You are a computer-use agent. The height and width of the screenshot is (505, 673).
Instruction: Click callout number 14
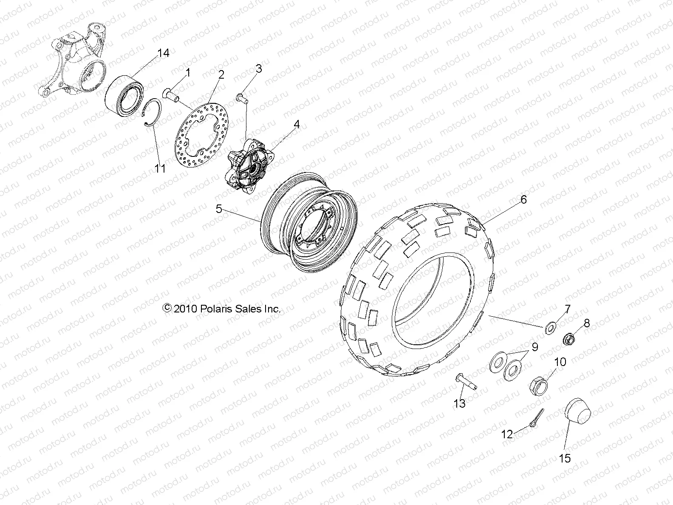tap(163, 53)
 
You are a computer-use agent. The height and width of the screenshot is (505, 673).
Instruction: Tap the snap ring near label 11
tap(152, 112)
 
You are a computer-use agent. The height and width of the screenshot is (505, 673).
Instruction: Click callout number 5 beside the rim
tap(219, 209)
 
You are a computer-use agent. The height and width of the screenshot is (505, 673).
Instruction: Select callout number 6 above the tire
tap(523, 199)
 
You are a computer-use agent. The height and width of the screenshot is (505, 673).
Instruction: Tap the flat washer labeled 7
tap(551, 328)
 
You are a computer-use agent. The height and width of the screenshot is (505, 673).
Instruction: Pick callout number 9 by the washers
tap(534, 347)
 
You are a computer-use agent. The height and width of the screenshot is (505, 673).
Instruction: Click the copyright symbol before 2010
tap(167, 308)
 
